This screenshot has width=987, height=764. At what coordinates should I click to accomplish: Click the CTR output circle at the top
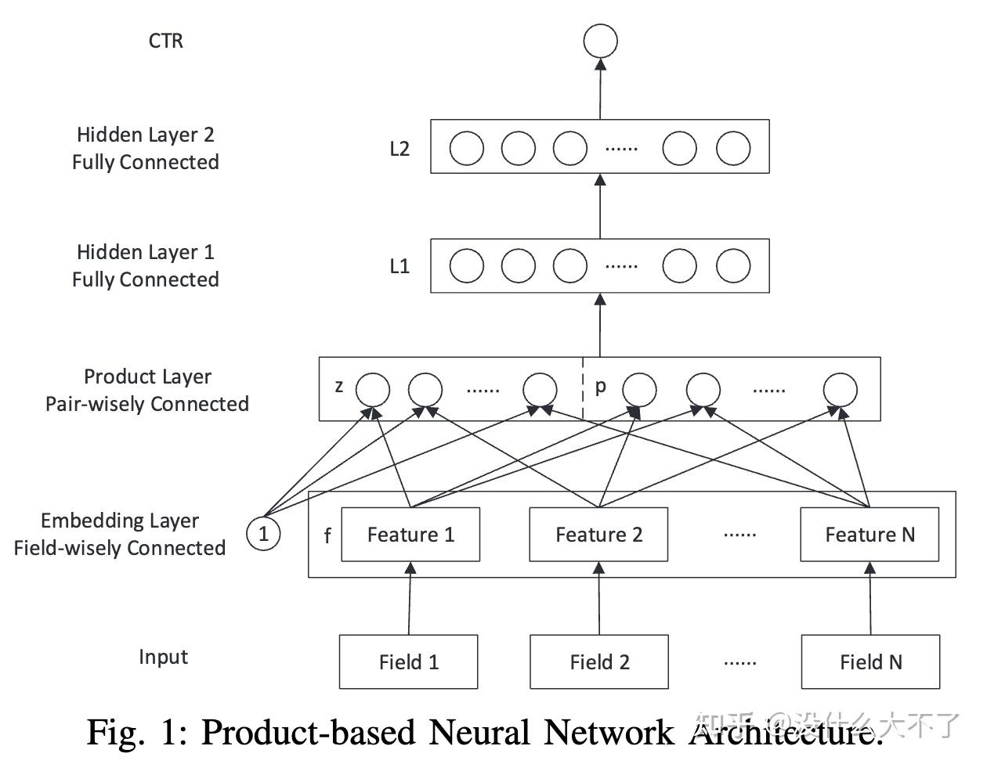[601, 41]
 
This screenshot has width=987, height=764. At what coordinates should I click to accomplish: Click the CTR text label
[166, 41]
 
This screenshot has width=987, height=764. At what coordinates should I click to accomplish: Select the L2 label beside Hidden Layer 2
[399, 149]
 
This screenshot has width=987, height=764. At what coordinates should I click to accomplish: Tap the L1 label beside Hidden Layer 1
[399, 266]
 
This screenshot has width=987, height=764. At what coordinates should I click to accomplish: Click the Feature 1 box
[410, 535]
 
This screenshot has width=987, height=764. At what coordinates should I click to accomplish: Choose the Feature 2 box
[598, 535]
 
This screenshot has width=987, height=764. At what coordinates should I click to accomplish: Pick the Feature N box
[869, 535]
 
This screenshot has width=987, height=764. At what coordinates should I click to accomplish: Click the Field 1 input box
[408, 662]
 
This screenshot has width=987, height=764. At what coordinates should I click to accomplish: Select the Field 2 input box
[599, 662]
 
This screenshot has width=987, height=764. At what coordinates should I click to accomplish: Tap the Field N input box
[870, 662]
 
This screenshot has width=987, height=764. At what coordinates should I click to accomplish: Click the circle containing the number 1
[263, 534]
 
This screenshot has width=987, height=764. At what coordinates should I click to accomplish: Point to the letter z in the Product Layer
[339, 386]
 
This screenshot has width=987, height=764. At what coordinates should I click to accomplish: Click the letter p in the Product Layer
[601, 386]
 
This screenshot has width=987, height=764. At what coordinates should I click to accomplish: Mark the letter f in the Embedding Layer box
[327, 536]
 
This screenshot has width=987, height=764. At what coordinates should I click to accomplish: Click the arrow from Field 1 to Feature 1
[409, 599]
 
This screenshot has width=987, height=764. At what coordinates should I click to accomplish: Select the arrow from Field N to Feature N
[870, 599]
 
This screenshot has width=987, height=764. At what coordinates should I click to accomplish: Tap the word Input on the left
[164, 657]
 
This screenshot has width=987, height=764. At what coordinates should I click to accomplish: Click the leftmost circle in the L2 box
[467, 148]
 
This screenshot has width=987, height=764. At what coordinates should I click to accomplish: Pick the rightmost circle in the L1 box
[733, 265]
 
